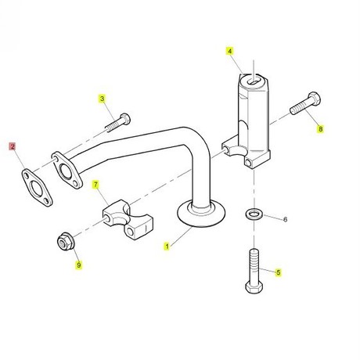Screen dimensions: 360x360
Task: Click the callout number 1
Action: (x=167, y=246)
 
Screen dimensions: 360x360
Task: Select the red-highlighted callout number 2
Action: (x=13, y=146)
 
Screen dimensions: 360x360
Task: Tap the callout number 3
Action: (x=102, y=99)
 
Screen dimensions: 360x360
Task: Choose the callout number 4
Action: (x=229, y=52)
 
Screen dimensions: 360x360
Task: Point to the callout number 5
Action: (x=279, y=272)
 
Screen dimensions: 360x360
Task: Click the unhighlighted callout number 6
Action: (x=285, y=219)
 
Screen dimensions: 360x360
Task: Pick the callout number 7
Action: (x=95, y=185)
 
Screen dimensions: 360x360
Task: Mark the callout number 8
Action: (x=320, y=129)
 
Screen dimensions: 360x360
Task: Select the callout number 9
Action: (x=79, y=265)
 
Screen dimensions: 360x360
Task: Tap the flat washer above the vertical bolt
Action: (x=254, y=214)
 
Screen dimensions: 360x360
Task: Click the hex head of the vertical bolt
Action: (x=254, y=286)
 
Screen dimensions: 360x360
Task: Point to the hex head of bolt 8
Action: (x=315, y=99)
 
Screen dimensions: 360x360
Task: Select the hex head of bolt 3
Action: (x=125, y=119)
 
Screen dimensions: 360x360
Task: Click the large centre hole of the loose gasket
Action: (x=35, y=187)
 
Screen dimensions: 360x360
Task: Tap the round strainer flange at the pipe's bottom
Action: (x=201, y=214)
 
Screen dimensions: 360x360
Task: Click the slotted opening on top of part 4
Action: (x=253, y=81)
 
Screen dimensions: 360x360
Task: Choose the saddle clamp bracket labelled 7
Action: (x=128, y=220)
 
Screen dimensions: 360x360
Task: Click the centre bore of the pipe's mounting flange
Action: (x=66, y=171)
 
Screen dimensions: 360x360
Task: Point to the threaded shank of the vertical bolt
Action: (x=254, y=265)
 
